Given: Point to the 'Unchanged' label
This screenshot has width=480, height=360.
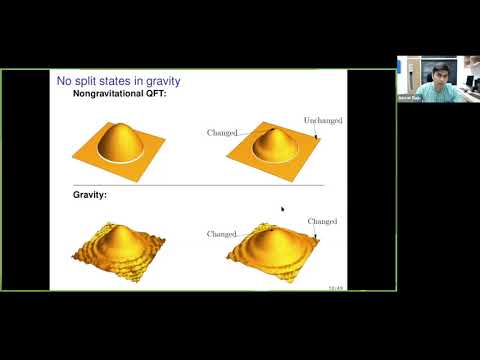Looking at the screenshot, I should tap(323, 121).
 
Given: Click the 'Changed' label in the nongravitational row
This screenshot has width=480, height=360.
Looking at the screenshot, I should tap(221, 132).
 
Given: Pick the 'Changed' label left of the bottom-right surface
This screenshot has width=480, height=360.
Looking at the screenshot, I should tap(221, 234).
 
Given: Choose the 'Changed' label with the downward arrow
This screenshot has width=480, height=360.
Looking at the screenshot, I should tap(322, 221).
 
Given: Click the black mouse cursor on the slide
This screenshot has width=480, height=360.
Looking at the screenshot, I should tap(283, 210).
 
